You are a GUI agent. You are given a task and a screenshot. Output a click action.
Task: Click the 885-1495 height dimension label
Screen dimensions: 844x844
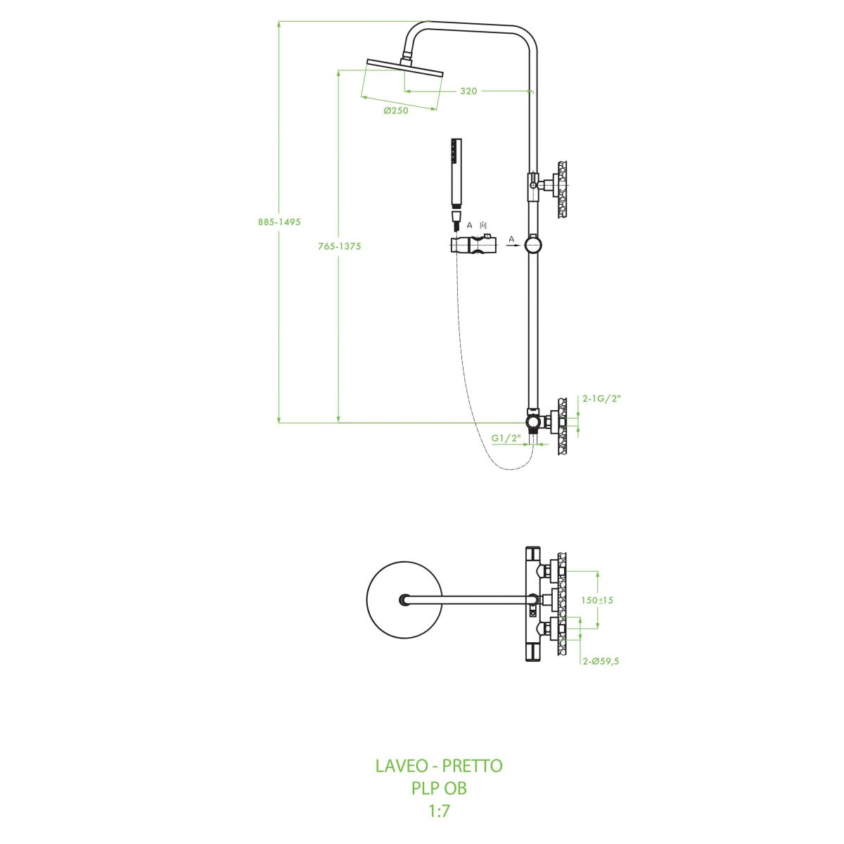(x=279, y=222)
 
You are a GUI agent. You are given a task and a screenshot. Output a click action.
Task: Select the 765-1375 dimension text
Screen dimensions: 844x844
(x=340, y=246)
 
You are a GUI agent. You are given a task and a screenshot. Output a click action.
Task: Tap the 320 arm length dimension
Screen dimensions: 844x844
(x=468, y=91)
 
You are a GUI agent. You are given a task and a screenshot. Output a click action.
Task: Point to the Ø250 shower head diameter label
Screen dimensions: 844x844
(x=396, y=110)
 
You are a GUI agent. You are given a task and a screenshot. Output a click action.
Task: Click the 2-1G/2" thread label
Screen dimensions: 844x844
(x=602, y=398)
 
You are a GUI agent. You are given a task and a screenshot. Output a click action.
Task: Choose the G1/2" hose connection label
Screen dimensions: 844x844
(x=506, y=437)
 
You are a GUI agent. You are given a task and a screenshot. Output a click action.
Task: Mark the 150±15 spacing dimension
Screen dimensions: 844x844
(x=597, y=600)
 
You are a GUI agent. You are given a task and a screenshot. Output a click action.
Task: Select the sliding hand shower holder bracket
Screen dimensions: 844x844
(x=473, y=246)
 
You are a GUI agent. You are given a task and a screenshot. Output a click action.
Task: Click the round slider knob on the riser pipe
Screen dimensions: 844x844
(x=535, y=244)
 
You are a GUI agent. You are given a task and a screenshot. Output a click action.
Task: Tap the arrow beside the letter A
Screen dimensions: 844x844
(x=512, y=247)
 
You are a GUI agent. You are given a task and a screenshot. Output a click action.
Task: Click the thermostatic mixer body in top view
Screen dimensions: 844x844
(x=532, y=603)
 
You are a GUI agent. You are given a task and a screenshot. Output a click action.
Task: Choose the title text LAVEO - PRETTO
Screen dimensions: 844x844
(x=439, y=766)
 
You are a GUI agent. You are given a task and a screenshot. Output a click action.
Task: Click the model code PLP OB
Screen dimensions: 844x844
(x=439, y=788)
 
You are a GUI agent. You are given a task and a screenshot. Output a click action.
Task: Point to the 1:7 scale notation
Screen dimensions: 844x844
(x=439, y=811)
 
